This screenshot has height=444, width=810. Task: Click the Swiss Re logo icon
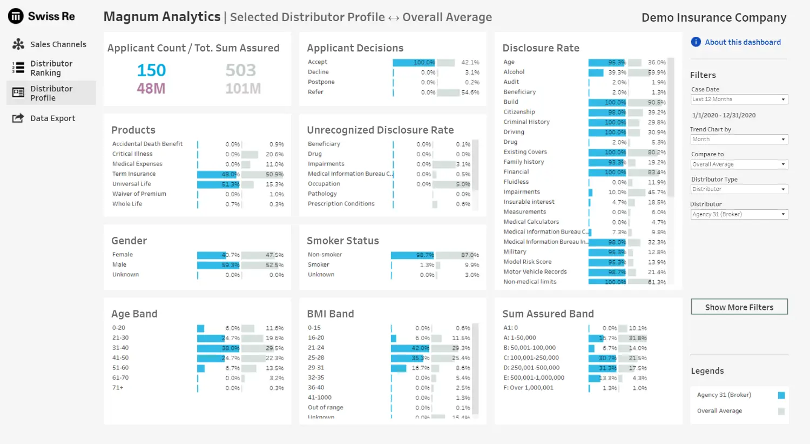tap(16, 16)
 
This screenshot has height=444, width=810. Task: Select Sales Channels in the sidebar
tap(58, 44)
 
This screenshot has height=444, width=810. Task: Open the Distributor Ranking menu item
tap(51, 68)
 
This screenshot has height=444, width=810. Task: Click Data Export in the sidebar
tap(52, 118)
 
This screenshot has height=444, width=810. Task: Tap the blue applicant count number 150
tap(151, 70)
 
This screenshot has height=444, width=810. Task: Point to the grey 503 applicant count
tap(241, 70)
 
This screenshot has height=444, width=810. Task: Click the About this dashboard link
tap(742, 42)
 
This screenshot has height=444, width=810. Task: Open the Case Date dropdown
tap(739, 100)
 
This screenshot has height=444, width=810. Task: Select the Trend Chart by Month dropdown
tap(739, 140)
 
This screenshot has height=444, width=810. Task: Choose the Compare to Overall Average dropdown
tap(739, 164)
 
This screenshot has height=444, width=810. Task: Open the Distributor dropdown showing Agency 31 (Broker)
tap(739, 215)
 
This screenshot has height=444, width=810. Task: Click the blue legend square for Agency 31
tap(781, 395)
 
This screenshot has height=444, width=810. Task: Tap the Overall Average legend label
tap(719, 411)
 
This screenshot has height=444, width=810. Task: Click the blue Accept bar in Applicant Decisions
tap(414, 63)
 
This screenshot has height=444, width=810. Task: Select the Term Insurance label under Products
tap(134, 174)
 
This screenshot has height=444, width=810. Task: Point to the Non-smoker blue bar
tap(412, 255)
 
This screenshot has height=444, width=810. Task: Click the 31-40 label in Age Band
tap(120, 348)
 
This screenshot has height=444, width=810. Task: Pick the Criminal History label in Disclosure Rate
tap(526, 122)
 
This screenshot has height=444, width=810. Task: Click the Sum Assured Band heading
tap(548, 314)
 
